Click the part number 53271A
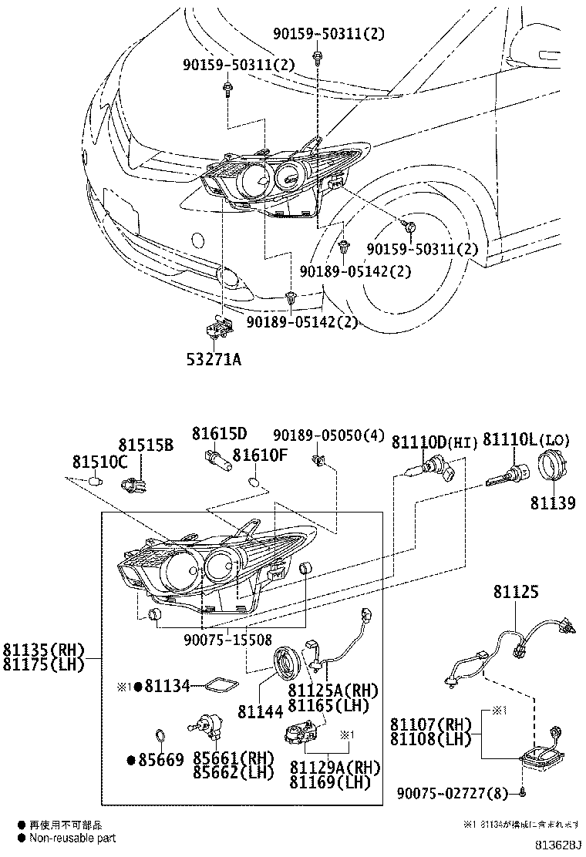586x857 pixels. (x=213, y=358)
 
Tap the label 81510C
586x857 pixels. (x=99, y=462)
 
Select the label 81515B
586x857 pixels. (x=146, y=445)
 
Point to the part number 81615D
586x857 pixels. (x=220, y=433)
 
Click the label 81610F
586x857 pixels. (x=260, y=455)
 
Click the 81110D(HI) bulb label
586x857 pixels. (x=435, y=442)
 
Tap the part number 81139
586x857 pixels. (x=552, y=503)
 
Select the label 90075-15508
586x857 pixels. (x=227, y=639)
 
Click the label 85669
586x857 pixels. (x=160, y=761)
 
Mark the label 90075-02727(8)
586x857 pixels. (x=450, y=793)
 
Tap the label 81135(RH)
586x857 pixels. (x=42, y=649)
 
